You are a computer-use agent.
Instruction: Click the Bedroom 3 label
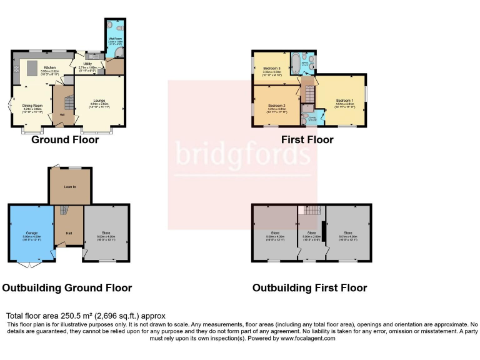272,69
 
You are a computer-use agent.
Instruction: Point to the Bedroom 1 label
344,101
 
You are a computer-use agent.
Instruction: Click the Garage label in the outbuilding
32,234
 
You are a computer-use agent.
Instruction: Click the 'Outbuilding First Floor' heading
309,288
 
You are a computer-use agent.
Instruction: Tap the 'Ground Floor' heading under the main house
65,140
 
